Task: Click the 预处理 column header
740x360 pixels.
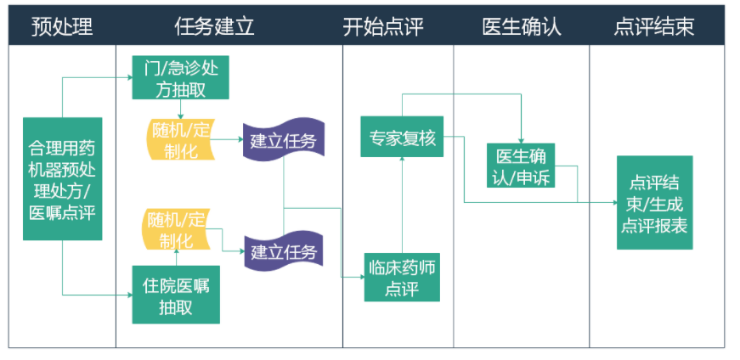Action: pos(62,26)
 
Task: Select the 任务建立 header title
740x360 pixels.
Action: pos(214,26)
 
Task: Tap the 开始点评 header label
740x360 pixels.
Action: pos(382,26)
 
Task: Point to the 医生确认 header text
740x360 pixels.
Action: pos(522,26)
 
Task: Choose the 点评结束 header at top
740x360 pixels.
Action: pos(654,26)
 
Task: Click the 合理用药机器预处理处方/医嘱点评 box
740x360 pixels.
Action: pos(63,179)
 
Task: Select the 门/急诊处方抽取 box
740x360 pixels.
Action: pos(180,77)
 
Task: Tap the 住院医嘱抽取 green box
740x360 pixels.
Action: pos(176,295)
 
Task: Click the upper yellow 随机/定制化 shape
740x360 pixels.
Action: pos(180,139)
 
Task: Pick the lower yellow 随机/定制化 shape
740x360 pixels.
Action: pos(176,229)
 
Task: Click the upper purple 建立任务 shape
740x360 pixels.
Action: pos(284,140)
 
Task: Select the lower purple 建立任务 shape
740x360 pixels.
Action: pos(284,251)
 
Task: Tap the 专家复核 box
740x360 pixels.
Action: pos(402,137)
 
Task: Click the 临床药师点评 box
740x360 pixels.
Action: pos(402,277)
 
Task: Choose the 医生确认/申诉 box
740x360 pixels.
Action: pos(521,165)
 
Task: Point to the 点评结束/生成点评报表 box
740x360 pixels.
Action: pos(654,202)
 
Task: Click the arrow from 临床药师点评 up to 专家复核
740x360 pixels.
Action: pos(402,205)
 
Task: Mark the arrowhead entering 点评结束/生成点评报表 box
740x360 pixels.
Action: pos(614,202)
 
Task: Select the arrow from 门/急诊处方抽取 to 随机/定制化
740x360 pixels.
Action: pos(180,109)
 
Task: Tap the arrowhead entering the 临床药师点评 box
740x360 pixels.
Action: pos(362,277)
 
